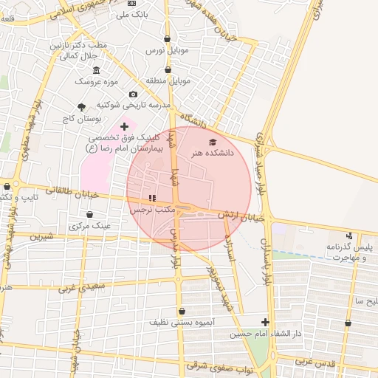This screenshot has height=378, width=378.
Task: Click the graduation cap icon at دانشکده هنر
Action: tap(213, 142)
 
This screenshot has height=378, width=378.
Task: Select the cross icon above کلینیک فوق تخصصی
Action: tap(124, 127)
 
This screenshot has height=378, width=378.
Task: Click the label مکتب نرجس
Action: tap(152, 210)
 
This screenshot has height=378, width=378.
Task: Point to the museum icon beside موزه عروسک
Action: tap(96, 69)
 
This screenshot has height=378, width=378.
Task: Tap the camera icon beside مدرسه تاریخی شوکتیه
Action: tap(133, 94)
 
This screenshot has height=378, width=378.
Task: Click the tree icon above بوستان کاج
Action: tap(81, 107)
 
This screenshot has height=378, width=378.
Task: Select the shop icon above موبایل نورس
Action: tap(168, 39)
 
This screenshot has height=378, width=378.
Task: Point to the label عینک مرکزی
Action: tap(89, 226)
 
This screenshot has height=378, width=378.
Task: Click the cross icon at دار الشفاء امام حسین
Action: tap(265, 321)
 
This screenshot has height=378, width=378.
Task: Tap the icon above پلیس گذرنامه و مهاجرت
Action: tap(349, 236)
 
